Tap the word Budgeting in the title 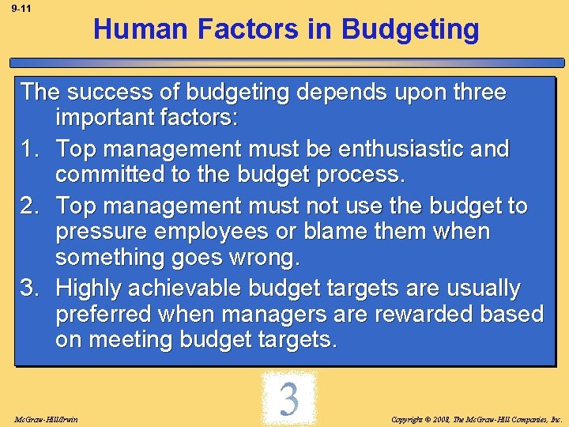pyautogui.click(x=410, y=29)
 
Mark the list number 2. pyautogui.click(x=30, y=206)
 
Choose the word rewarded pyautogui.click(x=422, y=314)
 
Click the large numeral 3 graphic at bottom pyautogui.click(x=288, y=399)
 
